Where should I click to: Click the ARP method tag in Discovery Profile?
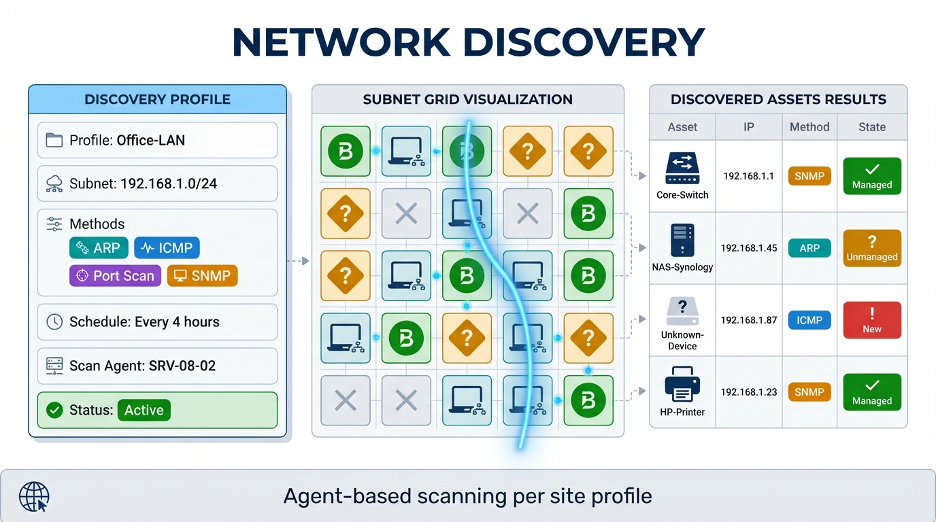click(x=99, y=248)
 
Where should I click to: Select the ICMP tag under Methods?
click(x=167, y=248)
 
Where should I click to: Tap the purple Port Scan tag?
click(x=115, y=275)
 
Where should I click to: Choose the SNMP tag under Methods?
click(x=202, y=275)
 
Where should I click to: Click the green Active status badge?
click(x=144, y=410)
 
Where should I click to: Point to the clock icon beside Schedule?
click(x=54, y=322)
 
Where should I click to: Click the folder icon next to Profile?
click(x=54, y=141)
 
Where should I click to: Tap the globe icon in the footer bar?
click(x=34, y=496)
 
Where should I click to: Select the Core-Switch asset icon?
click(x=682, y=169)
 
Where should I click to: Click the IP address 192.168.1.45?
click(x=748, y=248)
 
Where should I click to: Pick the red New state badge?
click(x=871, y=320)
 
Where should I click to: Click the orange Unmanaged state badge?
click(x=871, y=248)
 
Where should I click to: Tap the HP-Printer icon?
click(x=682, y=385)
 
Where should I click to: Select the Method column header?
click(x=809, y=127)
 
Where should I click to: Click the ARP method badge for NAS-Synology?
click(x=809, y=248)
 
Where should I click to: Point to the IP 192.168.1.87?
click(x=748, y=320)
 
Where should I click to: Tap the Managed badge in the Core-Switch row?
click(x=871, y=176)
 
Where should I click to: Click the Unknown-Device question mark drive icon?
click(x=682, y=312)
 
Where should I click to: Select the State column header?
click(x=871, y=127)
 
